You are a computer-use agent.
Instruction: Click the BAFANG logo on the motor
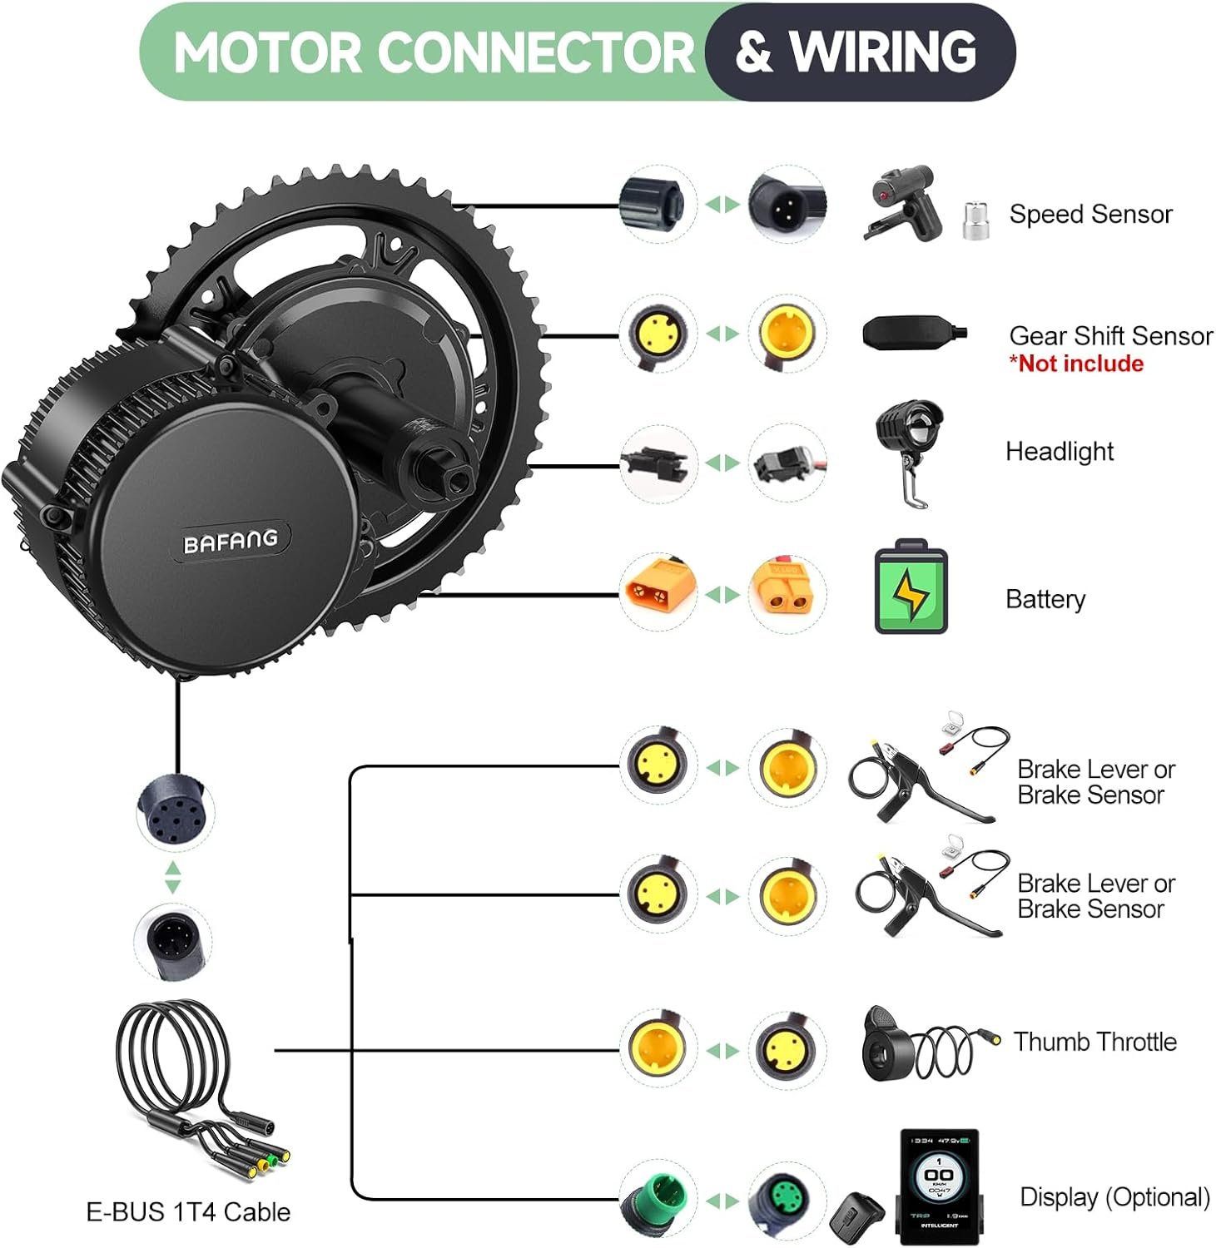[x=231, y=542]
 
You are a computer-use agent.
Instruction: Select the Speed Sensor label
[x=1090, y=215]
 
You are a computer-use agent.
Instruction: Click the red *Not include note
[x=1076, y=364]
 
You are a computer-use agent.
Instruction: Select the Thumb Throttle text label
[x=1094, y=1042]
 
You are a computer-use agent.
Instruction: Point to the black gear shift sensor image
[x=912, y=334]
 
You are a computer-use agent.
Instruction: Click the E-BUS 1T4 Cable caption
[x=188, y=1212]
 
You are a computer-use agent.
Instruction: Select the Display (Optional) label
[x=1114, y=1197]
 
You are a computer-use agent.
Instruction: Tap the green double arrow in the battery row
[x=722, y=595]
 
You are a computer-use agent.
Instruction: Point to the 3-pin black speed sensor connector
[x=786, y=204]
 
